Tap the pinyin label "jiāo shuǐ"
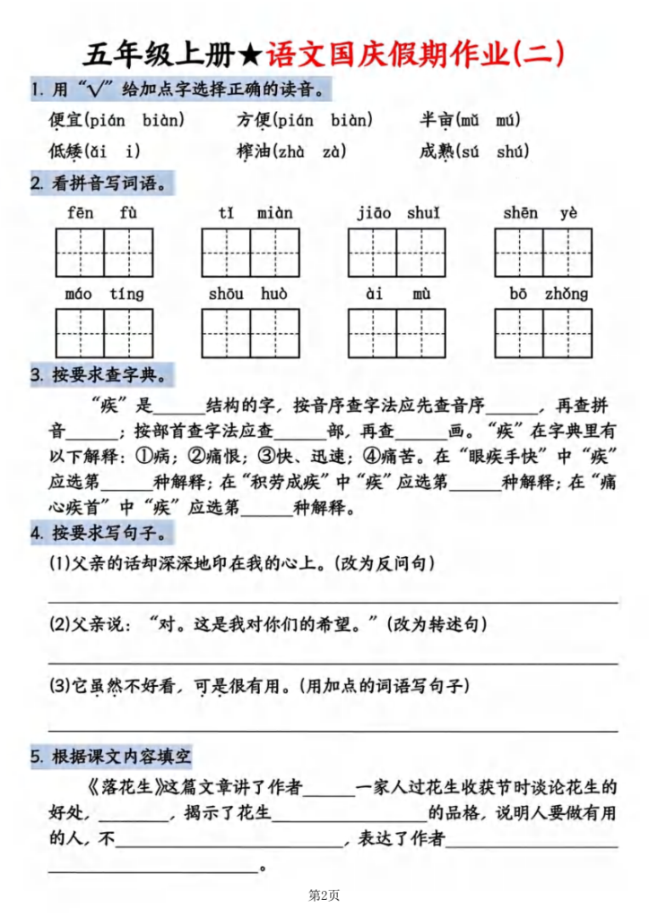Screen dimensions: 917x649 click(x=397, y=213)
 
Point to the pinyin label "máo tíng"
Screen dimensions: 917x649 click(x=104, y=294)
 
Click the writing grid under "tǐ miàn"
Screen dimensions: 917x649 click(x=250, y=253)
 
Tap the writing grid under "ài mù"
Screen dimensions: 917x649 click(x=397, y=333)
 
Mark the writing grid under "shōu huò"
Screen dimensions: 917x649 click(x=250, y=333)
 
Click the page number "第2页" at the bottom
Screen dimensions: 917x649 click(x=324, y=895)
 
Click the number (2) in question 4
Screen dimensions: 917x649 click(x=59, y=623)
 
